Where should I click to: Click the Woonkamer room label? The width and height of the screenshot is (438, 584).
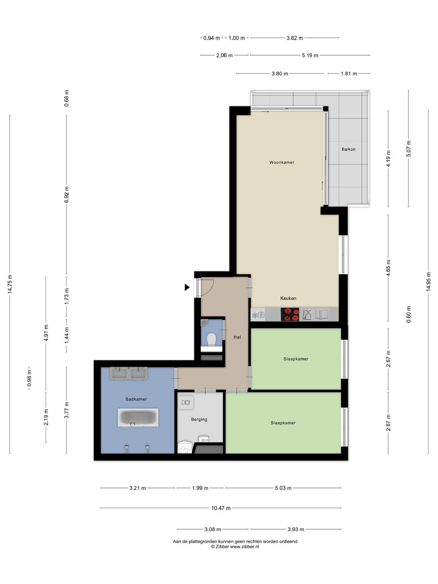281,162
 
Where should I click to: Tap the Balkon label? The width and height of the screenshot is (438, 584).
348,149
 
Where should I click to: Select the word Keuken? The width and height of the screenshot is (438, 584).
288,298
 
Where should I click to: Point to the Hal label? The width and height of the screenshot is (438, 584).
237,337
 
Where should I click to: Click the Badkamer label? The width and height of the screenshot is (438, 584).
136,399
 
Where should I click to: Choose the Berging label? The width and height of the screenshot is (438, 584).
199,419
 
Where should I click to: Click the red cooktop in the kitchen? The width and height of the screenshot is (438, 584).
290,314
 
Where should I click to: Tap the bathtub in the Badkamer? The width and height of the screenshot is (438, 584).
138,417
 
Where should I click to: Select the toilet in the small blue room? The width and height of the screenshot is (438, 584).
211,340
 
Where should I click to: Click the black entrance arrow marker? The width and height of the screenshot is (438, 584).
187,287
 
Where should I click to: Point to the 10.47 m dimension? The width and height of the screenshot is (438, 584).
221,508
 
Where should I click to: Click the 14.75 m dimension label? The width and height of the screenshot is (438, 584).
10,284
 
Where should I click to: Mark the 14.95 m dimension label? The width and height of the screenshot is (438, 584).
428,282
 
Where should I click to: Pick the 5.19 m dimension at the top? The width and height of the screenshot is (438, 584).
310,55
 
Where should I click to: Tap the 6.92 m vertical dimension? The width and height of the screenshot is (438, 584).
67,195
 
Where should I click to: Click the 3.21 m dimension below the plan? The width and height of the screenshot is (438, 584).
137,488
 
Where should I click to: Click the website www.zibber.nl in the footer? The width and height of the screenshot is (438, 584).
245,546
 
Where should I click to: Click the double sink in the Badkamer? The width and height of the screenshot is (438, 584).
129,373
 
